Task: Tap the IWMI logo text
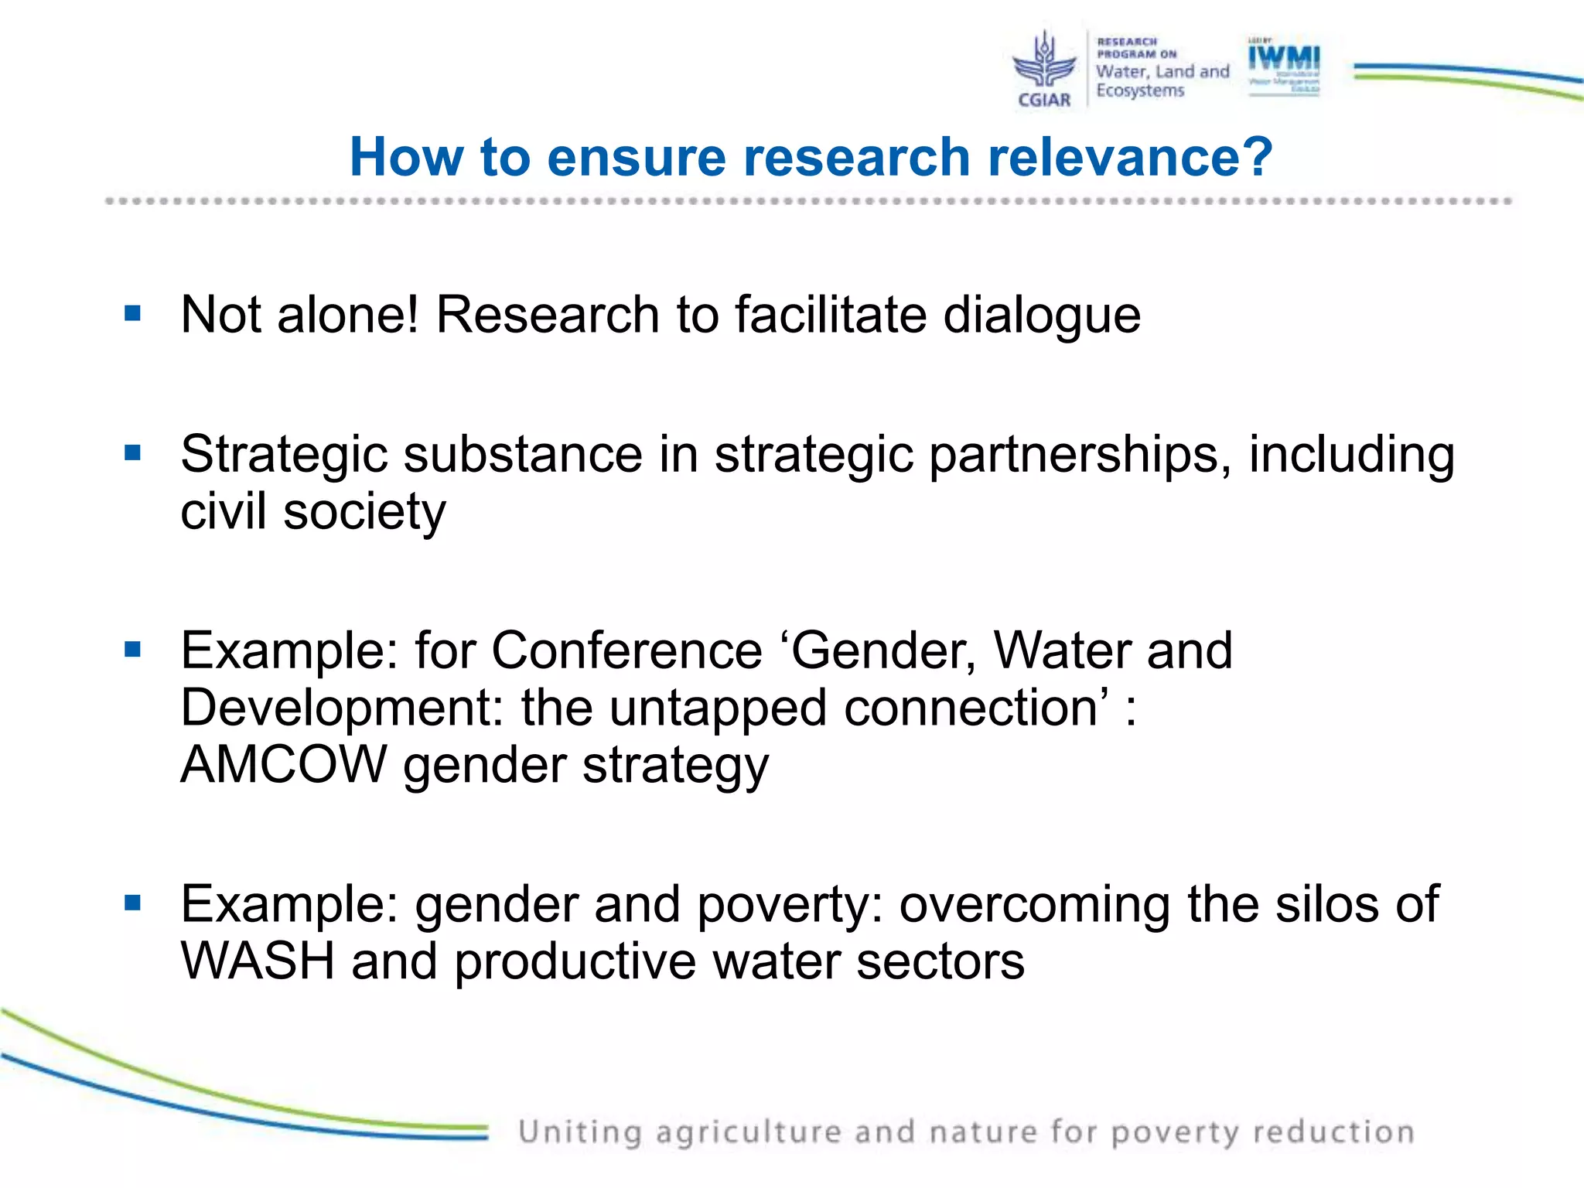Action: (1284, 57)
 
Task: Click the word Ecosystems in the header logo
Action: (1140, 90)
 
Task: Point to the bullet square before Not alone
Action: (133, 313)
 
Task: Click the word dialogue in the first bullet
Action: (1041, 316)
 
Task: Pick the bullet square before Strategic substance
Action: (133, 452)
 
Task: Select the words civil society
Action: (313, 512)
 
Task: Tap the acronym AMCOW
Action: (283, 764)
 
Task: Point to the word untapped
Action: (718, 708)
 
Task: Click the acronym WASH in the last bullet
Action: (258, 961)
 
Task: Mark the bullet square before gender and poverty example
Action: (133, 903)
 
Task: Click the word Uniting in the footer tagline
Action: (579, 1132)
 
